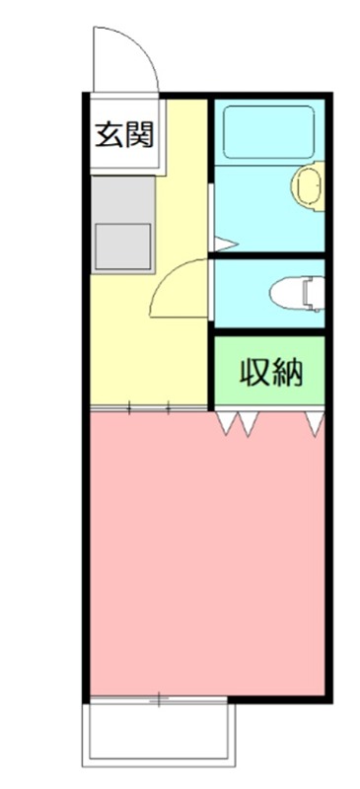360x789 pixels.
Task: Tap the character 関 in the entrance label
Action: coord(140,133)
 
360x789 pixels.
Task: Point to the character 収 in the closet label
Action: coord(254,373)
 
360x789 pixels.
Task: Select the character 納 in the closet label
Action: coord(287,373)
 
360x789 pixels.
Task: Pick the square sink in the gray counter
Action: coord(122,246)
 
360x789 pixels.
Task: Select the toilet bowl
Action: coord(289,293)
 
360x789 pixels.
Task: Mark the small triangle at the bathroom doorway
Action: coord(224,243)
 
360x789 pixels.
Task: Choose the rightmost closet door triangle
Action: coord(315,423)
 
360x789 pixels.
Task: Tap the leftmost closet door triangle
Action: coord(226,423)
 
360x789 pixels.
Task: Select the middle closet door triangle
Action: coord(249,423)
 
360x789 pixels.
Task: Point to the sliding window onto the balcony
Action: coord(159,699)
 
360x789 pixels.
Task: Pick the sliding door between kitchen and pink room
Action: coord(148,406)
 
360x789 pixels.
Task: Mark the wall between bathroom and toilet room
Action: coord(268,255)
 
